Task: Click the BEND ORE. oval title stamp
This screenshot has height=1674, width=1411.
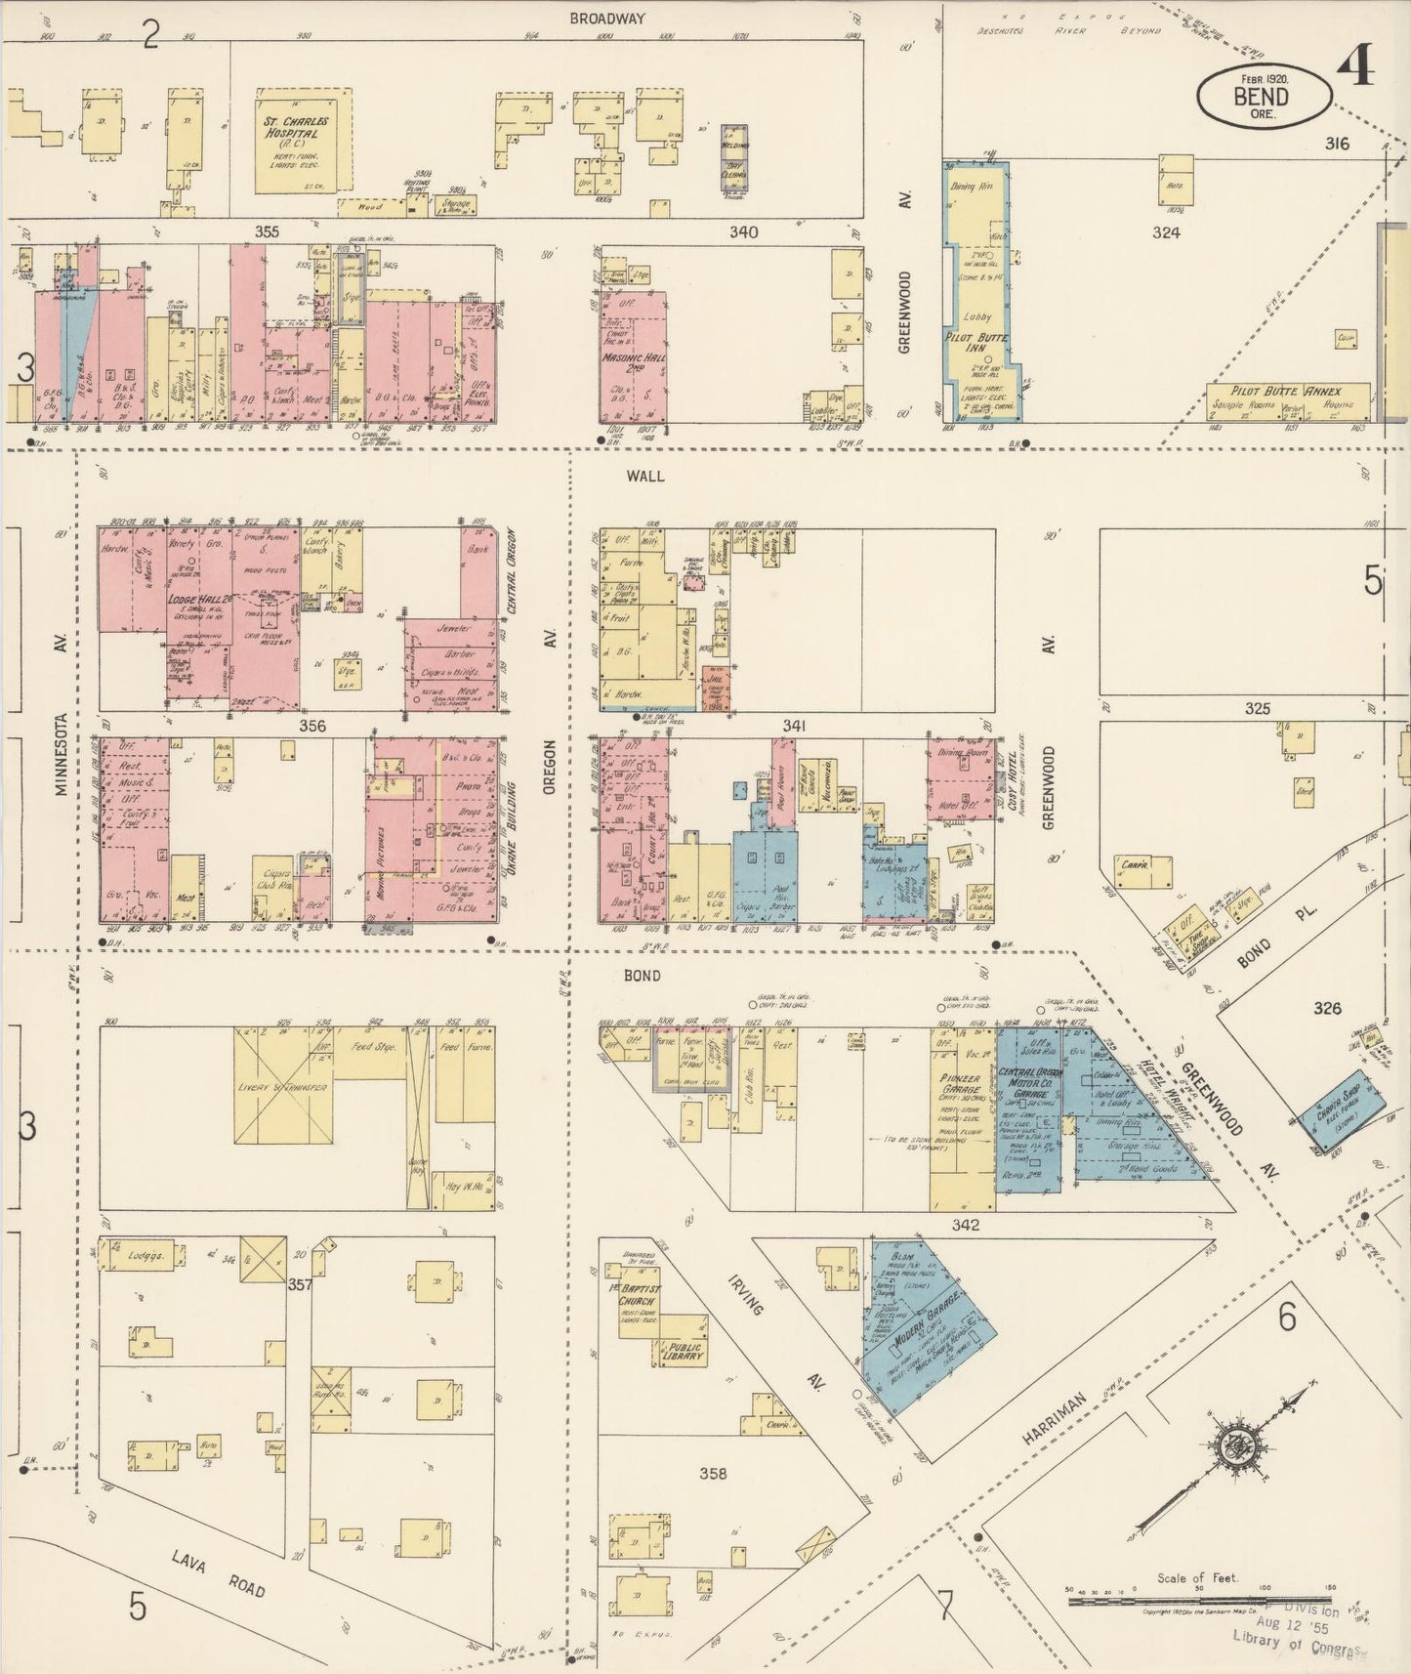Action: coord(1265,95)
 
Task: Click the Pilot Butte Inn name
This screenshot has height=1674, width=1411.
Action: coord(980,342)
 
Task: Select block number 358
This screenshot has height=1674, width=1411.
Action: coord(714,1474)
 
